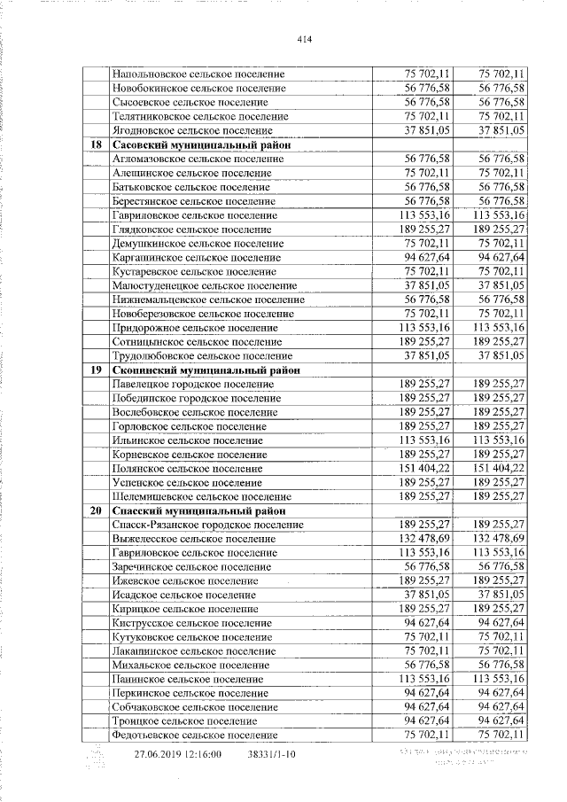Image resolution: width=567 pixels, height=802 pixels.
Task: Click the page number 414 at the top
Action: click(305, 40)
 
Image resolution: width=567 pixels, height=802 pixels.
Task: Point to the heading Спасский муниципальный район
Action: click(201, 511)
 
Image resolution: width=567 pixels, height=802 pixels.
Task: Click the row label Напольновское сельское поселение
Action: click(198, 74)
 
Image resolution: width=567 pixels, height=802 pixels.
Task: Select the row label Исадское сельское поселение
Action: click(183, 596)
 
